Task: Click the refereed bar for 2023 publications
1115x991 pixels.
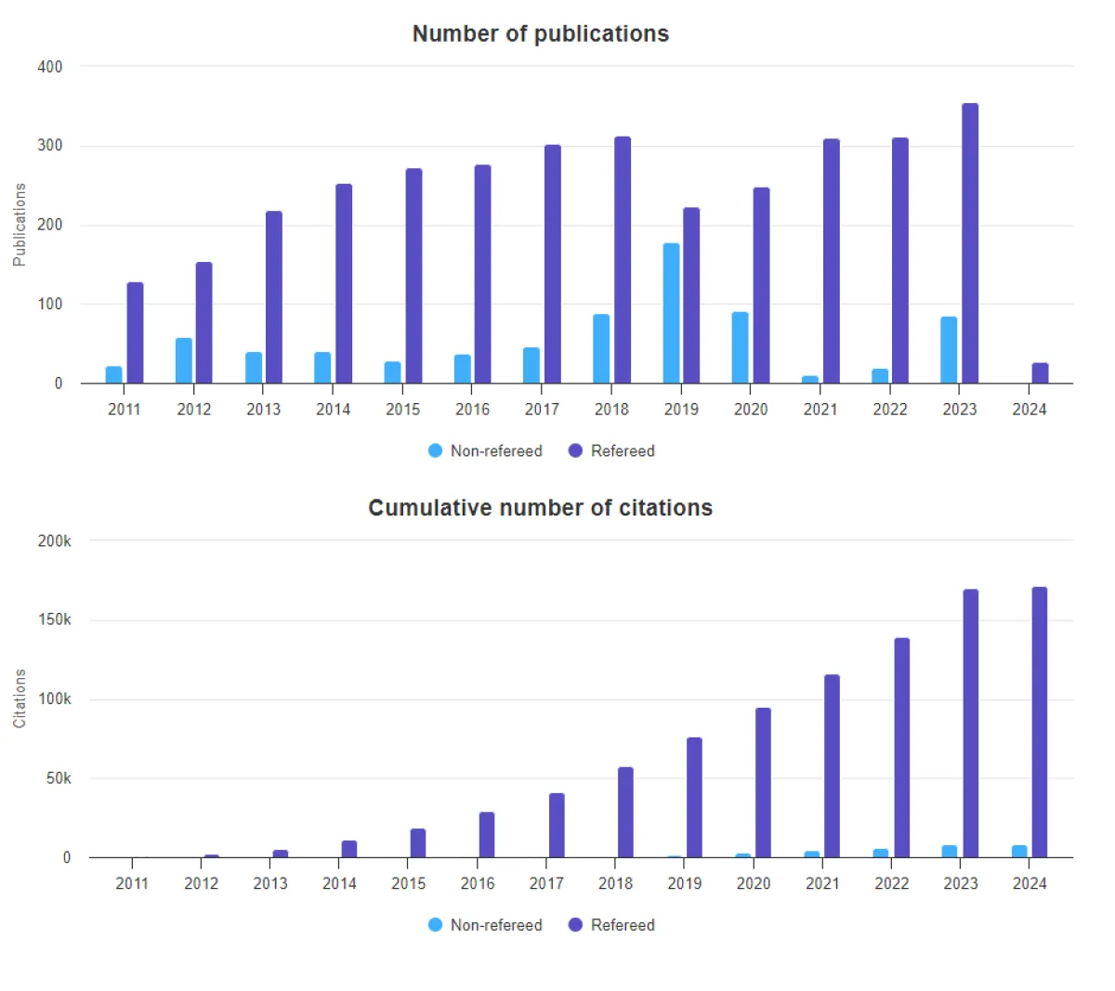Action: pos(970,243)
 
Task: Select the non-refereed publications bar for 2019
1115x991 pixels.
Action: pos(671,313)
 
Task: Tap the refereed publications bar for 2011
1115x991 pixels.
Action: pos(135,333)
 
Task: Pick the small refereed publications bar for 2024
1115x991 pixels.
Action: pos(1040,373)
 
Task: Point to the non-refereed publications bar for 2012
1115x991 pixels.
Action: pos(184,360)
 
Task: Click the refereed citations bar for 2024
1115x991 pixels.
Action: pos(1040,723)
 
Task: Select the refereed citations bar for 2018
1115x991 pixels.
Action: pos(625,813)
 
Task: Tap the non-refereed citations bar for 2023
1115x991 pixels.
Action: pos(949,852)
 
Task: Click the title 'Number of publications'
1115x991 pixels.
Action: pos(540,33)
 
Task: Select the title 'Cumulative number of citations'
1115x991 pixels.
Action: pos(540,508)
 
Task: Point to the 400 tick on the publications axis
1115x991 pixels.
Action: pos(50,67)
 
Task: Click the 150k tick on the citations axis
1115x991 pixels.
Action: pos(54,619)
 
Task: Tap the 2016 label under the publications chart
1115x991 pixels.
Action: pos(472,410)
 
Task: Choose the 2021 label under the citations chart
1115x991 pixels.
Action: pos(822,883)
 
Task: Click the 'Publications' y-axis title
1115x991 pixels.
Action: pos(20,225)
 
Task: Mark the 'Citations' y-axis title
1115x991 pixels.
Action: pos(20,698)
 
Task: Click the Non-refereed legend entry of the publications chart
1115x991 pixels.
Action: pos(486,451)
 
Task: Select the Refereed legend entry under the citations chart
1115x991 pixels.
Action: pos(612,925)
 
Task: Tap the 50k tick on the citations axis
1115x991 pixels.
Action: pos(58,778)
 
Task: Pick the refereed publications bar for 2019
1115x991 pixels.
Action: pos(691,295)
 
